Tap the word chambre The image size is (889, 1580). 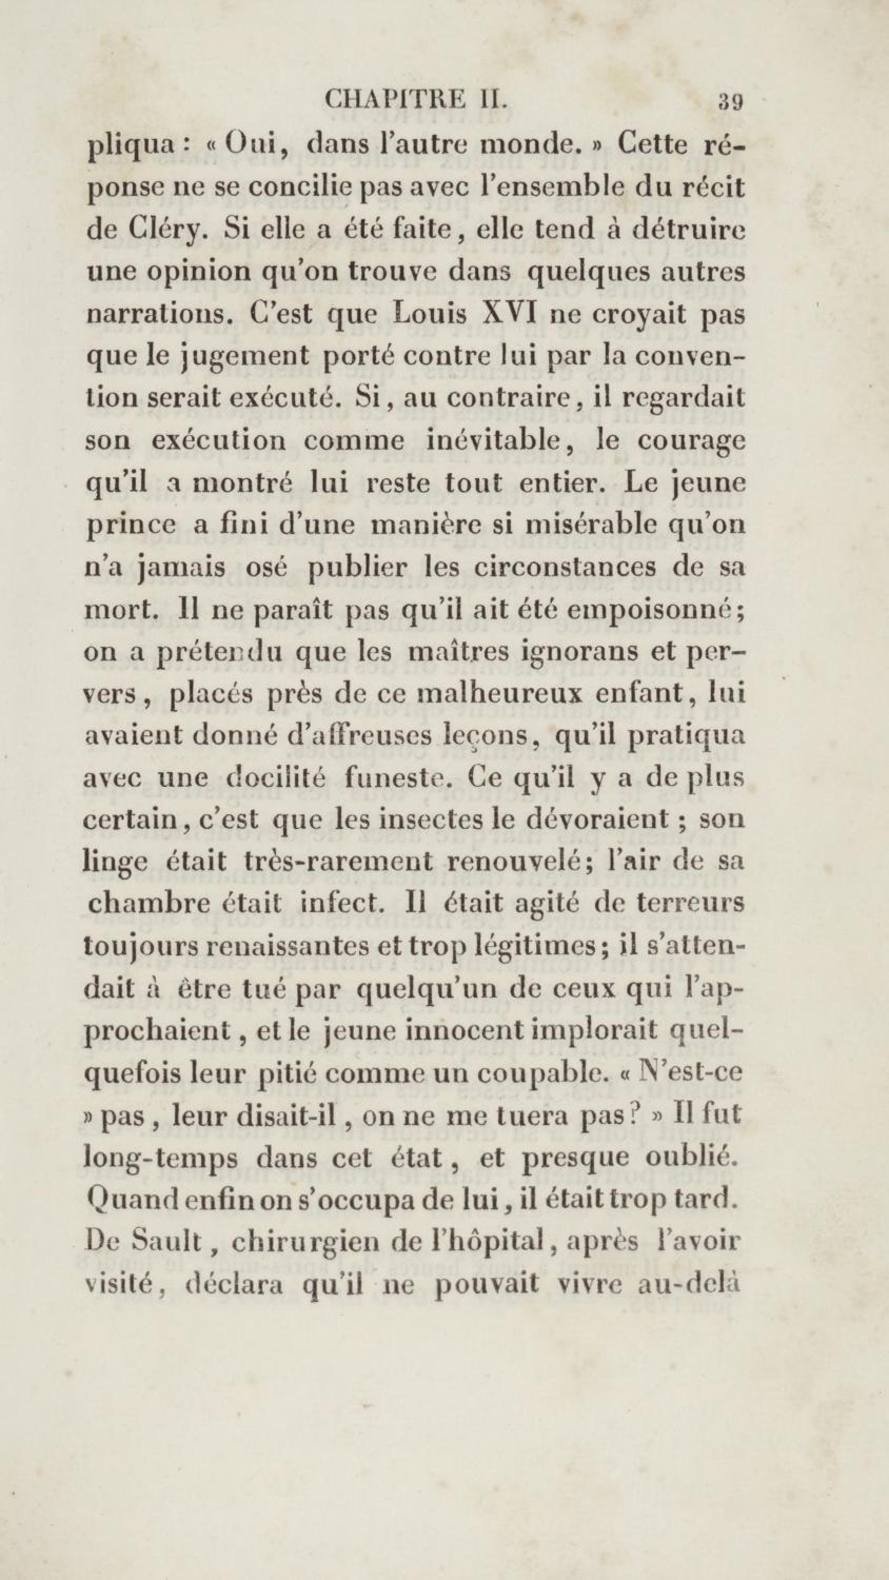click(153, 904)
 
